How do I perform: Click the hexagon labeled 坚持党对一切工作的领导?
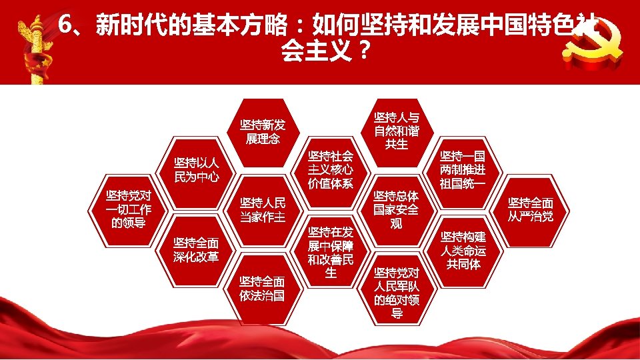[x=129, y=209]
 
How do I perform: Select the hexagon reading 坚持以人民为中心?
[x=197, y=170]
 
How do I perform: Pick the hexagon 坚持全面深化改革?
[x=196, y=249]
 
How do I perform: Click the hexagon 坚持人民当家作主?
[x=263, y=210]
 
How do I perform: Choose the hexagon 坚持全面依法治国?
[x=263, y=288]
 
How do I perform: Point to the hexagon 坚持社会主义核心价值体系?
[x=330, y=170]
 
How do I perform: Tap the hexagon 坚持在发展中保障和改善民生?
[x=330, y=251]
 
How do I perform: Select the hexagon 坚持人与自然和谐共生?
[x=397, y=130]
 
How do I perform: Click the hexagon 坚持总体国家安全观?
[x=397, y=209]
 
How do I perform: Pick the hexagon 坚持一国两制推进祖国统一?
[x=463, y=170]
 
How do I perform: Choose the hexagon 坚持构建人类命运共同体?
[x=463, y=250]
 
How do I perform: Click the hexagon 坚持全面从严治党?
[x=531, y=209]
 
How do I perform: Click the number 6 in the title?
[x=65, y=25]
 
